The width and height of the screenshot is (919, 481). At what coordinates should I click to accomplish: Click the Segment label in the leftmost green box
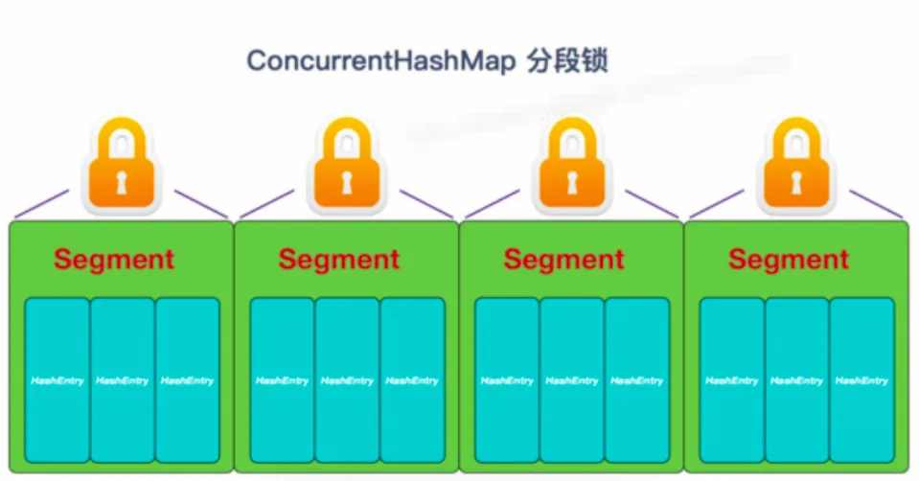(x=114, y=259)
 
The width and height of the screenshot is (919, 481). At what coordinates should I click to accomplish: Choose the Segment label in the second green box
(x=339, y=259)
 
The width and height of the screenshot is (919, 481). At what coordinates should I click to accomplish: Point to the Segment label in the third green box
(x=563, y=259)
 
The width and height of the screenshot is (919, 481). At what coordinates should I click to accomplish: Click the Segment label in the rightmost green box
(x=789, y=259)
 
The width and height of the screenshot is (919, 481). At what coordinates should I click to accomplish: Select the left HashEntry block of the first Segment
(x=57, y=380)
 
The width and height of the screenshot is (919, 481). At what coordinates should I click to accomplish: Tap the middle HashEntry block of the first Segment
(x=122, y=380)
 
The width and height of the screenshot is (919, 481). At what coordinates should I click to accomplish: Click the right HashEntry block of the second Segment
(x=412, y=380)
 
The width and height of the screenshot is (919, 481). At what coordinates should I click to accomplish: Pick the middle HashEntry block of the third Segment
(x=572, y=380)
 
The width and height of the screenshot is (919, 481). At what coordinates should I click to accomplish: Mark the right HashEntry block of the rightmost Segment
(x=862, y=380)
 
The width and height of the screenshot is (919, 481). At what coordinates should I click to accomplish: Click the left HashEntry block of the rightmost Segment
(x=731, y=380)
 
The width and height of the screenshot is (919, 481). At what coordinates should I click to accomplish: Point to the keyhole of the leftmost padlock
(x=121, y=182)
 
